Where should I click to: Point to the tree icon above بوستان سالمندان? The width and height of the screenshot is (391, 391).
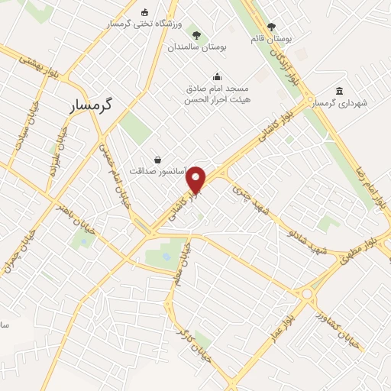click(197, 34)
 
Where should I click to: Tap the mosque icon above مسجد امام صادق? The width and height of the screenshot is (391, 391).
click(217, 76)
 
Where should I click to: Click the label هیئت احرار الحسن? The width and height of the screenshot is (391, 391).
click(218, 99)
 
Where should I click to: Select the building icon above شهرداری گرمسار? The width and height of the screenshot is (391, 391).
click(339, 91)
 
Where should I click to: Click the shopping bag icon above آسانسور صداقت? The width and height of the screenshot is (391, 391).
click(157, 159)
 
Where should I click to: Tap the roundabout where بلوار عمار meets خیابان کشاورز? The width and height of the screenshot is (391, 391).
click(307, 293)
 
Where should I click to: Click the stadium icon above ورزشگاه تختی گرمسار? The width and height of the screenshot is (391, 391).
click(145, 11)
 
